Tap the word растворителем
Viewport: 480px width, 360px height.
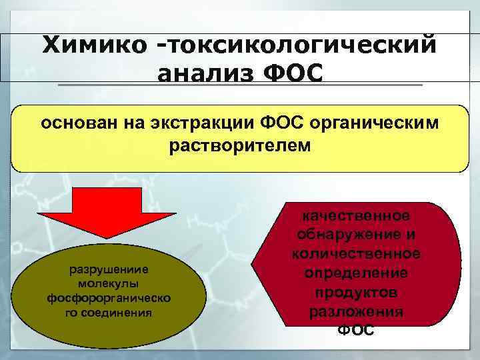(x=239, y=145)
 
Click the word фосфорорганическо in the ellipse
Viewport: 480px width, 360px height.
(x=109, y=297)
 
